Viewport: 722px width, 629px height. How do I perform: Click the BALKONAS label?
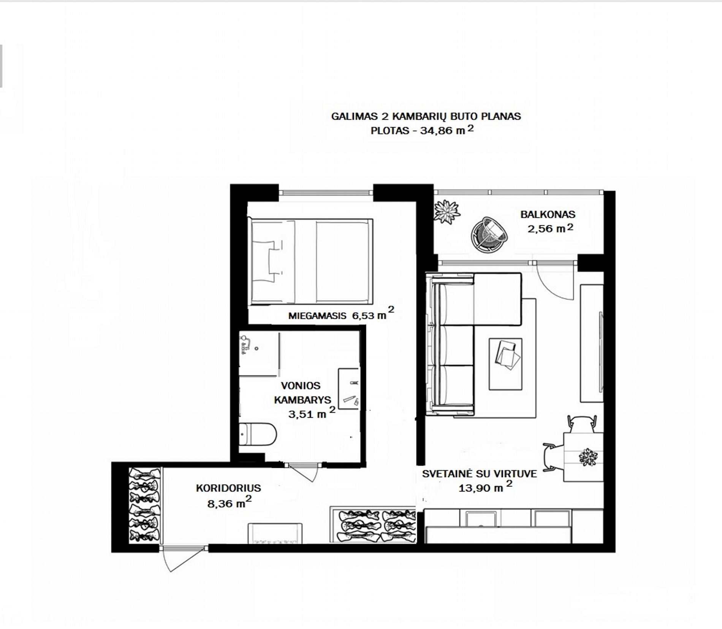(548, 214)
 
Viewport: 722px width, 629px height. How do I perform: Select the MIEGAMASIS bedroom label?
(317, 315)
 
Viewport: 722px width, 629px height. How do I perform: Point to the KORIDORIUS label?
(228, 488)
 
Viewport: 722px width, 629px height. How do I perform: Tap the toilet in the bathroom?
(258, 434)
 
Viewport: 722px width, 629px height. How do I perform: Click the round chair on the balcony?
(489, 234)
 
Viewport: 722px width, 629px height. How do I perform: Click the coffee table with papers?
(505, 364)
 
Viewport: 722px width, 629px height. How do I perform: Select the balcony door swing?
(554, 281)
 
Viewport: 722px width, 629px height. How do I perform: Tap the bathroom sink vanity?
(348, 388)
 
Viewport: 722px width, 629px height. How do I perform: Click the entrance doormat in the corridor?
(275, 533)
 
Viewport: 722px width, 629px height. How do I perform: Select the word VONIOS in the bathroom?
(301, 386)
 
